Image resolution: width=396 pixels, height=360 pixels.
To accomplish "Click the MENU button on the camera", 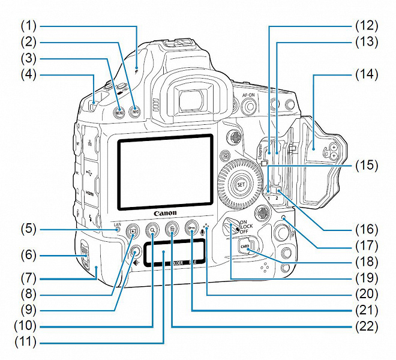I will coord(119,112).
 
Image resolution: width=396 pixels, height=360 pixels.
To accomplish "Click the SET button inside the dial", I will coord(241,183).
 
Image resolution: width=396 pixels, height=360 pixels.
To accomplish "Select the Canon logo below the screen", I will coord(166,213).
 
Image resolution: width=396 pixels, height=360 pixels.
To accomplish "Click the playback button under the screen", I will coord(134,229).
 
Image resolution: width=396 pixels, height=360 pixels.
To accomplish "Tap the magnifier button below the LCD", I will coord(154,229).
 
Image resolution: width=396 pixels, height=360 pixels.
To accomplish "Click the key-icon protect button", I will coord(191,228).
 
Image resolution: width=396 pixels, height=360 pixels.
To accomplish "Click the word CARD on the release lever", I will coord(244,245).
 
